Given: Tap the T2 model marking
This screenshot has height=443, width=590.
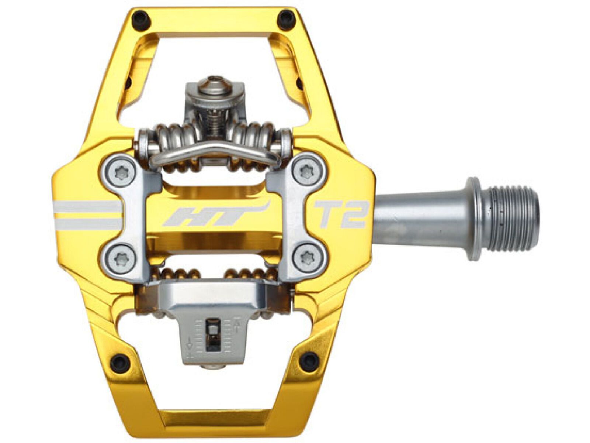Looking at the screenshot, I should (x=339, y=214).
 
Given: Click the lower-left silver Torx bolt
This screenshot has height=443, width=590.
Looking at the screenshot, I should (x=120, y=257).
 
